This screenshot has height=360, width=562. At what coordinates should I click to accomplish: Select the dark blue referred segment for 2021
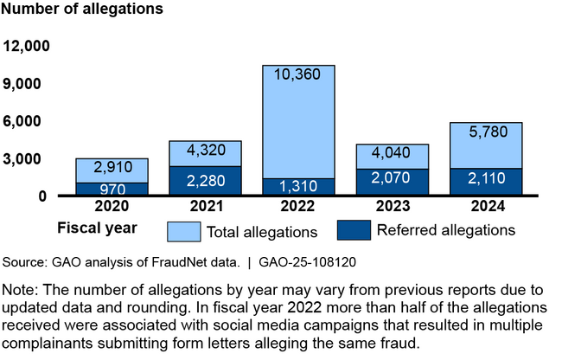(x=206, y=181)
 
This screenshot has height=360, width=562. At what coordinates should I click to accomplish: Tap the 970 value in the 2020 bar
(x=112, y=189)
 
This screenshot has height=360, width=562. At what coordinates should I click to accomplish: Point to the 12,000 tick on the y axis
(x=28, y=46)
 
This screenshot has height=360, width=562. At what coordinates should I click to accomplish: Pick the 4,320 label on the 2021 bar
(x=206, y=151)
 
